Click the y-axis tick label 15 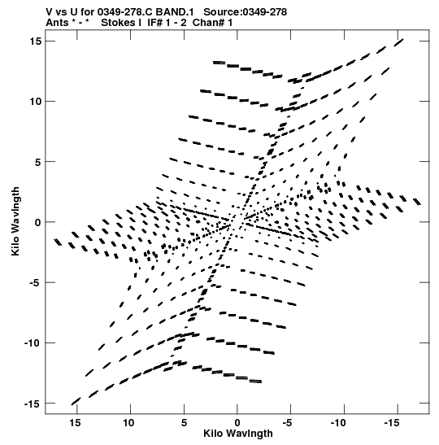(36, 41)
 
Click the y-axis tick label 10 (36, 102)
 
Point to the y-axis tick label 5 (38, 162)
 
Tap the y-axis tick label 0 (38, 222)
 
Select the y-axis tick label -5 (36, 282)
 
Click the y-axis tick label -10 (33, 343)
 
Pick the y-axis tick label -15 (33, 404)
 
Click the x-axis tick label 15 (75, 422)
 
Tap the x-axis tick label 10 (128, 422)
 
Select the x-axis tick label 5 (184, 422)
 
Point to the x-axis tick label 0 (237, 422)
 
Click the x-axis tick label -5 (287, 422)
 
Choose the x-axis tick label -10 (338, 422)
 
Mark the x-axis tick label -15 (392, 422)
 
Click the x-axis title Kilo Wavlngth (238, 434)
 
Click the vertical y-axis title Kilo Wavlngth (15, 221)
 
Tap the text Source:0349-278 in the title (246, 12)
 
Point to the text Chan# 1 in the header (212, 23)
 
